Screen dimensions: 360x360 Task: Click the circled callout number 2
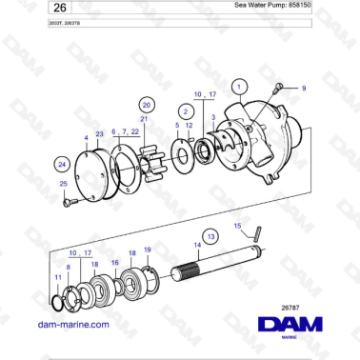(x=182, y=111)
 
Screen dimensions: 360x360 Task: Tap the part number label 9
(x=304, y=88)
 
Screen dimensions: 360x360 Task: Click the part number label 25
(x=64, y=183)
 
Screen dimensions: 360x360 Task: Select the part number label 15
(x=239, y=225)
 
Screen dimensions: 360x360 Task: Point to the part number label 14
(x=197, y=245)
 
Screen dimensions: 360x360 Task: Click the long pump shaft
(x=229, y=267)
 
